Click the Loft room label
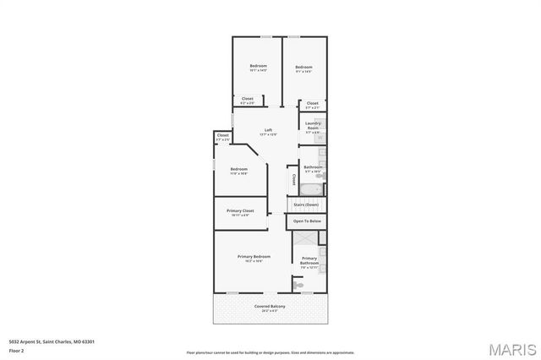pos(268,130)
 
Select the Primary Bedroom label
pos(254,256)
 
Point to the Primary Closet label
pos(240,210)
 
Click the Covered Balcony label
pos(270,306)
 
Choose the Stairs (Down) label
pos(306,205)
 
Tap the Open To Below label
pos(307,221)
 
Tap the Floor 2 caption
pos(16,348)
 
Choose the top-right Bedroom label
pos(303,68)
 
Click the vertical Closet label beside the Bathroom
pos(294,179)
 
